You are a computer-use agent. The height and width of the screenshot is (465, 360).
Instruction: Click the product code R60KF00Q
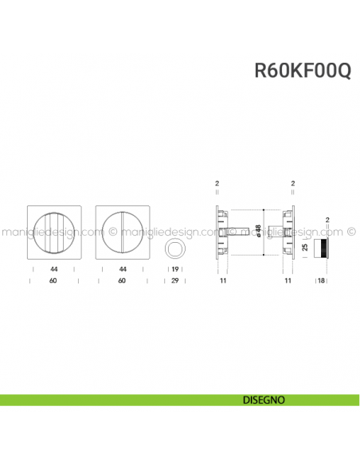302,70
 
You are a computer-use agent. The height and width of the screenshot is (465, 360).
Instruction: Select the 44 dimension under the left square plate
53,270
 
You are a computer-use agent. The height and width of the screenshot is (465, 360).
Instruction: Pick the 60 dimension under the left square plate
53,281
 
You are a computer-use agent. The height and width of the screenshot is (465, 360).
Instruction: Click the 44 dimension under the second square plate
122,270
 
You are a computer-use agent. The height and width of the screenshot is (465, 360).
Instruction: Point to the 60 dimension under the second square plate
122,281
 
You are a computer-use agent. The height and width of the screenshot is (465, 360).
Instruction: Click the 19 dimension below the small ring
174,270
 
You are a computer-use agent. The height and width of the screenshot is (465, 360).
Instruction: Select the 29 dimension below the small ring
174,281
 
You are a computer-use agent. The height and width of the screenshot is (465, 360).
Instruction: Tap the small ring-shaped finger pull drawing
174,251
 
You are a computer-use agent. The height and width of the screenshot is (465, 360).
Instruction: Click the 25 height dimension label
304,248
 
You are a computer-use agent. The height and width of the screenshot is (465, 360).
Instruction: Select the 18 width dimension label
322,281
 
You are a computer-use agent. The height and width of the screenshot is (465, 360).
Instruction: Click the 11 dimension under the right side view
288,281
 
